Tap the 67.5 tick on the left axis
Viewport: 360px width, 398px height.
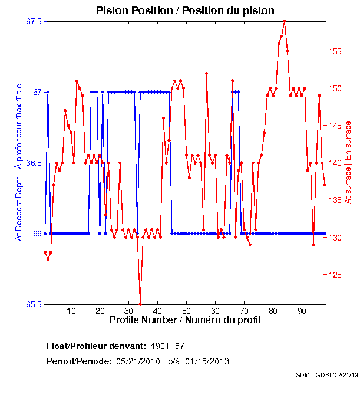(34, 21)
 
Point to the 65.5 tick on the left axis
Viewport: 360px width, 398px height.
(34, 304)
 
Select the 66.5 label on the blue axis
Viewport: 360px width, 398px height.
(34, 163)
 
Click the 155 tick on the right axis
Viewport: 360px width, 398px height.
(334, 51)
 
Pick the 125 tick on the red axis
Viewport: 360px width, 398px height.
(334, 275)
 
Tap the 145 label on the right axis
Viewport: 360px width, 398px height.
(334, 126)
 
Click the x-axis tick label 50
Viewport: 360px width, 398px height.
(186, 311)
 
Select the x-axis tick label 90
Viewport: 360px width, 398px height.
(302, 311)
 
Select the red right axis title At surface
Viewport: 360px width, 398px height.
(348, 163)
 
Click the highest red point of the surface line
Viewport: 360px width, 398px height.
(285, 21)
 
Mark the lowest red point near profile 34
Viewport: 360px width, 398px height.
(140, 304)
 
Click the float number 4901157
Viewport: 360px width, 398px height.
(171, 346)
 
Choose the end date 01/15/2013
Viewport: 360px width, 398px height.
(207, 361)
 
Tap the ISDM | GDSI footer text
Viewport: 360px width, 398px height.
(326, 375)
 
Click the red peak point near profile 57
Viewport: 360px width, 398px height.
(207, 73)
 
